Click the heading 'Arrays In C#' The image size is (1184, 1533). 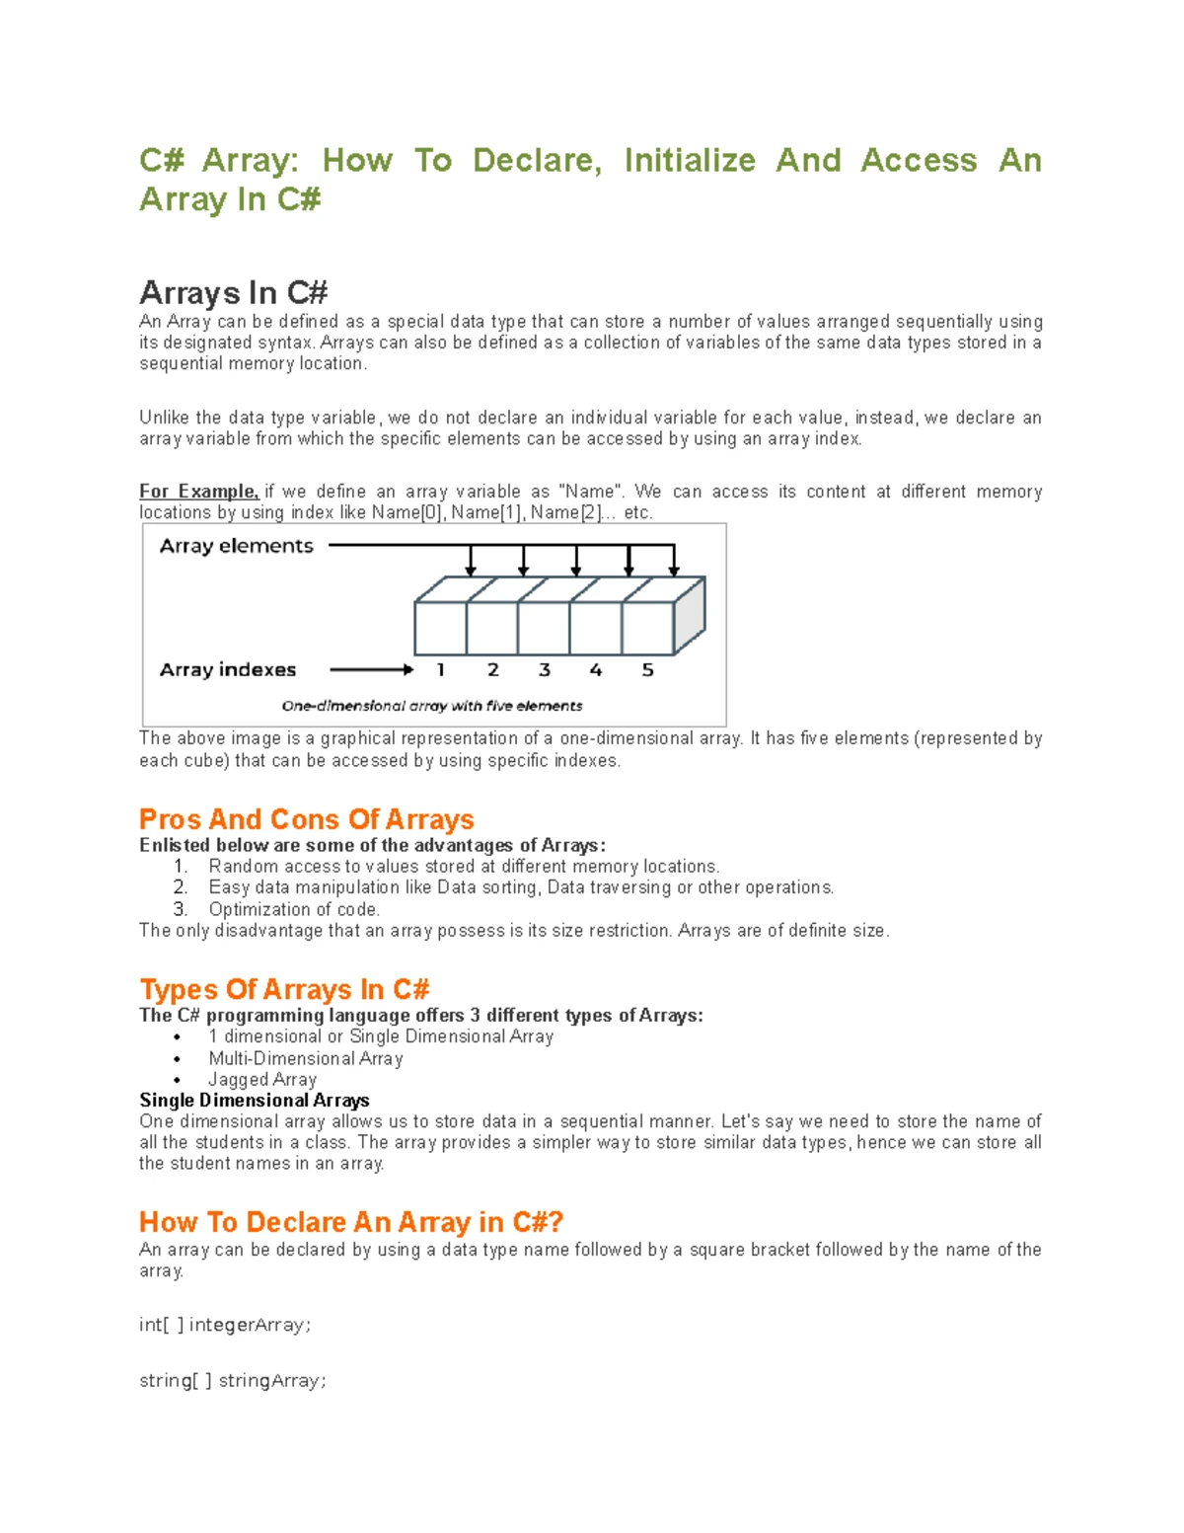(x=233, y=293)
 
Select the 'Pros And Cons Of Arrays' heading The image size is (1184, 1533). (x=306, y=819)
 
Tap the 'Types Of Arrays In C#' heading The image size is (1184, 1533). (x=284, y=989)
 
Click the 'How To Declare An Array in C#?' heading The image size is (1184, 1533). (x=350, y=1222)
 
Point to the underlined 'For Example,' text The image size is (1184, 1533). (x=198, y=492)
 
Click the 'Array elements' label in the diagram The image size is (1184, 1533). (x=236, y=546)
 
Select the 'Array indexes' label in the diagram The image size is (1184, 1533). (x=228, y=669)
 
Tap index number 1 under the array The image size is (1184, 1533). (x=441, y=670)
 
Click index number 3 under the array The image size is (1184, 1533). (x=544, y=670)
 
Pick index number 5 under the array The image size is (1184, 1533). (x=647, y=670)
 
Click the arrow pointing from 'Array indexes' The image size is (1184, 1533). (x=371, y=669)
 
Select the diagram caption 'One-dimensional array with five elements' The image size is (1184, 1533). (x=432, y=706)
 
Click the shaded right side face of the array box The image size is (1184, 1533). (x=689, y=614)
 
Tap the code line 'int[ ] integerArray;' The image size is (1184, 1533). (x=225, y=1325)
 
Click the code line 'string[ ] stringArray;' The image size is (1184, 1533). (x=233, y=1380)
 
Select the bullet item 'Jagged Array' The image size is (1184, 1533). (x=262, y=1079)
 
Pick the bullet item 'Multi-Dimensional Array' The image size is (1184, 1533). (x=306, y=1058)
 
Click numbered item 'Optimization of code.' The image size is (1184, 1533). (x=294, y=909)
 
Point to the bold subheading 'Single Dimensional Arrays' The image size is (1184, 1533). (x=255, y=1100)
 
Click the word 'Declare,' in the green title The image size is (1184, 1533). (x=537, y=160)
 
